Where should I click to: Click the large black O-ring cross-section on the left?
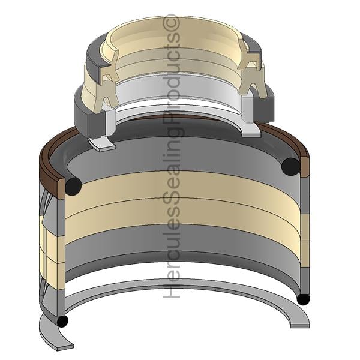pos(73,186)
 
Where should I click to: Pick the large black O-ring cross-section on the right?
pos(290,166)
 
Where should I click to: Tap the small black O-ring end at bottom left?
pos(62,321)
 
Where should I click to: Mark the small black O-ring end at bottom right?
pos(303,299)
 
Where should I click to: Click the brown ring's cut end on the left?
pos(61,189)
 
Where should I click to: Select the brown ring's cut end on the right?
pos(305,167)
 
